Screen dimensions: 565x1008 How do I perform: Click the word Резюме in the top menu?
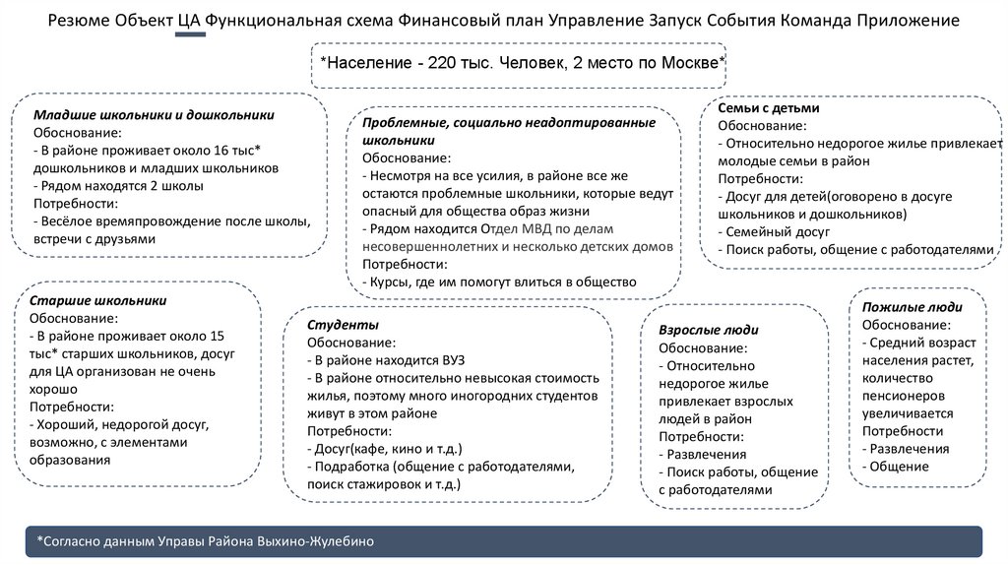pyautogui.click(x=85, y=21)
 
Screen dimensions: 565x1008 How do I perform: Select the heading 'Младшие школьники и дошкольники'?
pyautogui.click(x=154, y=115)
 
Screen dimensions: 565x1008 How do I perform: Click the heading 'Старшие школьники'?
pyautogui.click(x=97, y=301)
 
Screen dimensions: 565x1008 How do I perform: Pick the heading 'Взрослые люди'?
pyautogui.click(x=708, y=330)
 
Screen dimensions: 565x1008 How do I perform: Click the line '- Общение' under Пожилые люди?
pyautogui.click(x=895, y=466)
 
